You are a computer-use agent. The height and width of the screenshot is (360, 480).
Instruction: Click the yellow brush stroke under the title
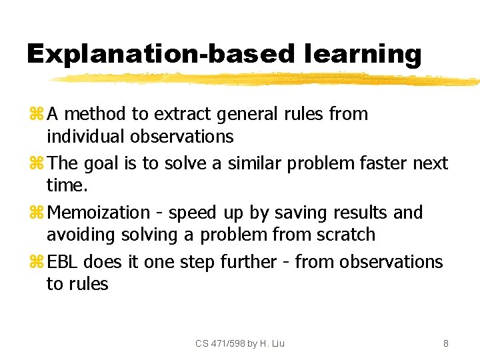coord(267,79)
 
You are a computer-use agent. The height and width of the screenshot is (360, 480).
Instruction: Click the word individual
coord(87,137)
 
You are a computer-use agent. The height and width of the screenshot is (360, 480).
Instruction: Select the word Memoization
coord(99,213)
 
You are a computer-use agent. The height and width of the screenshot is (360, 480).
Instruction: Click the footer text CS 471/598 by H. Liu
coord(240,343)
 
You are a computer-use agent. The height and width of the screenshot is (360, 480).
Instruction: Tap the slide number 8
coord(445,343)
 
